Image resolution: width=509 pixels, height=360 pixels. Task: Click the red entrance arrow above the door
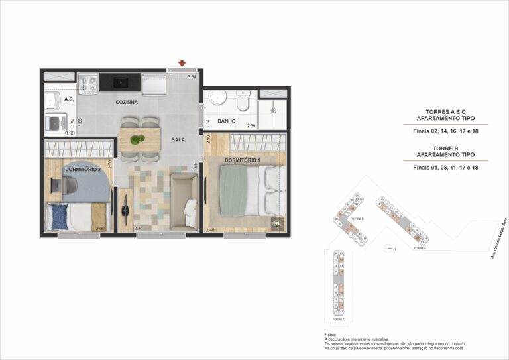(181, 64)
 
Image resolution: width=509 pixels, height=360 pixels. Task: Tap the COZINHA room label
(127, 103)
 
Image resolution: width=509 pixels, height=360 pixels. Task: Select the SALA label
(178, 140)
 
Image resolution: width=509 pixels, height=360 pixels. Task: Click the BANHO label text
(227, 121)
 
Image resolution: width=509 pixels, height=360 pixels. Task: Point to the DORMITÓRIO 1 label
(242, 160)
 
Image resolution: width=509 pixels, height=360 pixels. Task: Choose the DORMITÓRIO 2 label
(83, 170)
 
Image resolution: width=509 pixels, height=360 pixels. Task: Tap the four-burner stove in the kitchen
(88, 84)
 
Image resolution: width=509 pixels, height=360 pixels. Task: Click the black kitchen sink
(121, 83)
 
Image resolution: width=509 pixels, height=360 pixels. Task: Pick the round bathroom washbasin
(215, 100)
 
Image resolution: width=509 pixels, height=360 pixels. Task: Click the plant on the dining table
(138, 139)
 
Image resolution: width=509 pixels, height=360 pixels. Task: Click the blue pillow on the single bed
(60, 215)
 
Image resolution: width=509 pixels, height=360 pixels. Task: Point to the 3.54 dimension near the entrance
(192, 78)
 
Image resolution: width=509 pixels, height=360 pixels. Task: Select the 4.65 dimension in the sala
(195, 167)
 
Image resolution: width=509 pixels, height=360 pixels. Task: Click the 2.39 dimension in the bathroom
(251, 125)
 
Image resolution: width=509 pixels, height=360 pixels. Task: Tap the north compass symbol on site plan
(390, 249)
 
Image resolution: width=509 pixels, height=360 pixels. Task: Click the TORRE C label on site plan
(339, 320)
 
